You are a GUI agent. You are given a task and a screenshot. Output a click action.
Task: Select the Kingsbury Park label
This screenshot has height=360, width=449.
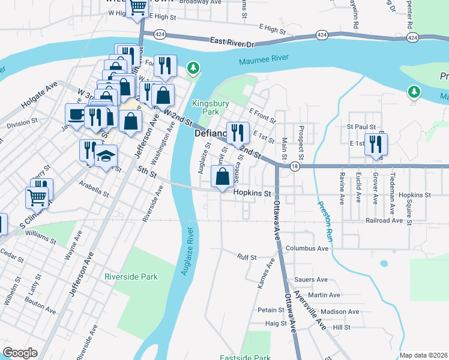206,107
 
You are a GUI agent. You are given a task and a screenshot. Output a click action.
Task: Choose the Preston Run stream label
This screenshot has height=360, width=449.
324,210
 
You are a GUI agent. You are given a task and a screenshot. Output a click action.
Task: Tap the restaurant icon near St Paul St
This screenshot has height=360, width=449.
376,144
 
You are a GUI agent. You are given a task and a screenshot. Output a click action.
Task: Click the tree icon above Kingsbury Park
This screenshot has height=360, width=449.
193,68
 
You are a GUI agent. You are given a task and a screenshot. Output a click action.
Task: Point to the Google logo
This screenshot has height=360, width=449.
20,353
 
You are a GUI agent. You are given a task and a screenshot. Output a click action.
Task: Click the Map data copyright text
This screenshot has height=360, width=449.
423,355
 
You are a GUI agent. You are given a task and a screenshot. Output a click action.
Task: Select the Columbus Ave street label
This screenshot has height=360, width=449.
307,248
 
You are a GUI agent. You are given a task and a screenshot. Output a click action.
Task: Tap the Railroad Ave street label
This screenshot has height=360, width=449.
384,220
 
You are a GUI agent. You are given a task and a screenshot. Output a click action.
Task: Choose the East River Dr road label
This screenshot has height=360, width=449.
233,42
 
